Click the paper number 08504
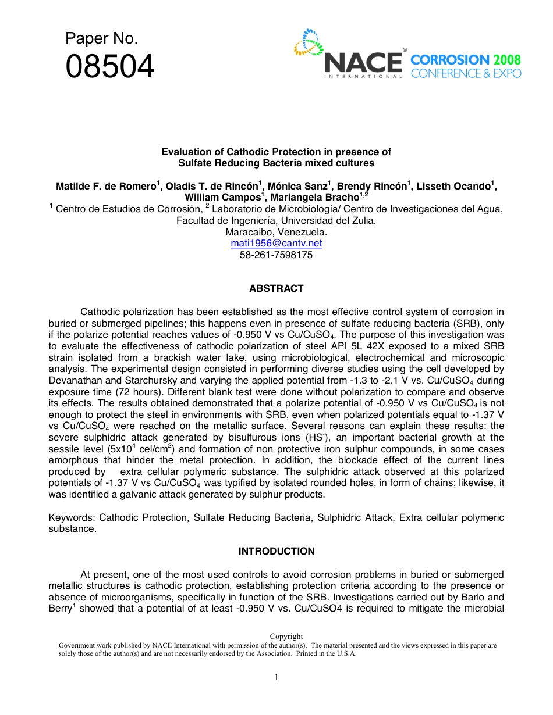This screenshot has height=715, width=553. [110, 67]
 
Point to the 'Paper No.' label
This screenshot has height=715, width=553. [101, 38]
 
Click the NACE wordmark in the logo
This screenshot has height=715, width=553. [363, 63]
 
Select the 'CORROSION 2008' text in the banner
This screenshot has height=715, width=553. [466, 59]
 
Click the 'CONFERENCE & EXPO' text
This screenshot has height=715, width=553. [466, 73]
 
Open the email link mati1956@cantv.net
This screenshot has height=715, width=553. [276, 243]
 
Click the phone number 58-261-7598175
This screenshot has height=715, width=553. [276, 255]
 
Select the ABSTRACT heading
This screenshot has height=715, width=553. [276, 288]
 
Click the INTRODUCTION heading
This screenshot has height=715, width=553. [276, 551]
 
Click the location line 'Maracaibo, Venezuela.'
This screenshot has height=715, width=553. [276, 232]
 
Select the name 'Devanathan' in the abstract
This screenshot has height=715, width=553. [73, 380]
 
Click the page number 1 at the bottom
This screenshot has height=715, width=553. [276, 677]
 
